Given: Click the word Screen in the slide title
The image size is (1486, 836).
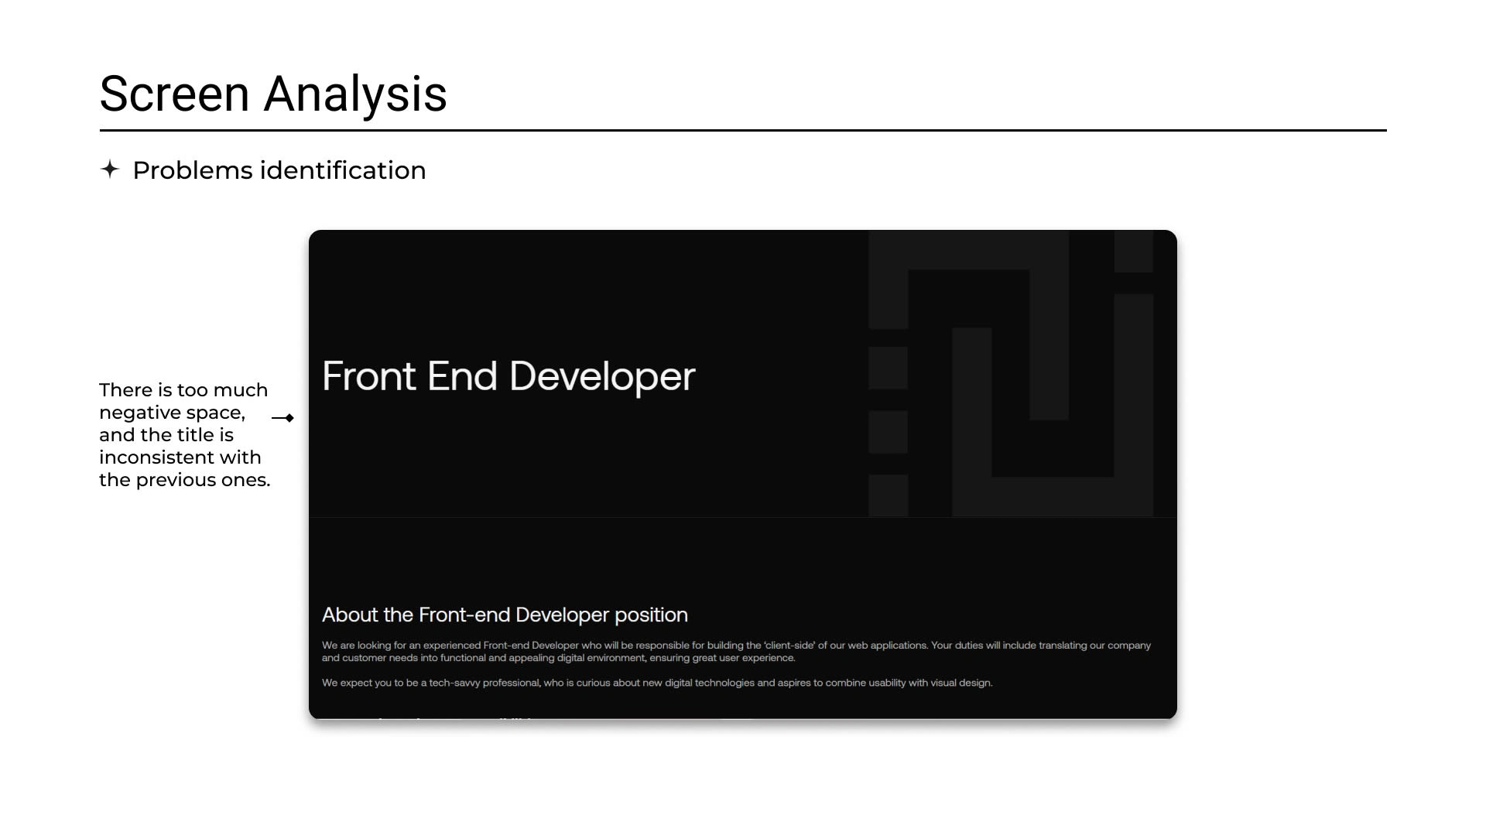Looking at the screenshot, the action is [174, 94].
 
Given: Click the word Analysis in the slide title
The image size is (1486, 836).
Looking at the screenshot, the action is [355, 94].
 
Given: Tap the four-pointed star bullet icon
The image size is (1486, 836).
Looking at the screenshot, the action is [110, 169].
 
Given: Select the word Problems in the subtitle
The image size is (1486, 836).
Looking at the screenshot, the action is [193, 170].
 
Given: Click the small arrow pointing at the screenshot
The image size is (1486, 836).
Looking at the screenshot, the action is [282, 418].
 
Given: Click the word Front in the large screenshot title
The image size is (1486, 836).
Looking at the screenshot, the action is [369, 376].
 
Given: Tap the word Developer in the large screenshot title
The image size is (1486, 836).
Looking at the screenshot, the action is [602, 378].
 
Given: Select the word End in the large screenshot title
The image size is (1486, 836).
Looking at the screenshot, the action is [462, 376].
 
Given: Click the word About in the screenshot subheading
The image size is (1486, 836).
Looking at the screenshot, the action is [350, 615].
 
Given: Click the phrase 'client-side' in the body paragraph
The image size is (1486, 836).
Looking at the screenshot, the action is [789, 646].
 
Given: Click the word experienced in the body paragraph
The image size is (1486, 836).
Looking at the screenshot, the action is [452, 646].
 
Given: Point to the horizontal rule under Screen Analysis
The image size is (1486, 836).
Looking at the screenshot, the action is [743, 130].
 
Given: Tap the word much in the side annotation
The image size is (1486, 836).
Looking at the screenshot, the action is [241, 390].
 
